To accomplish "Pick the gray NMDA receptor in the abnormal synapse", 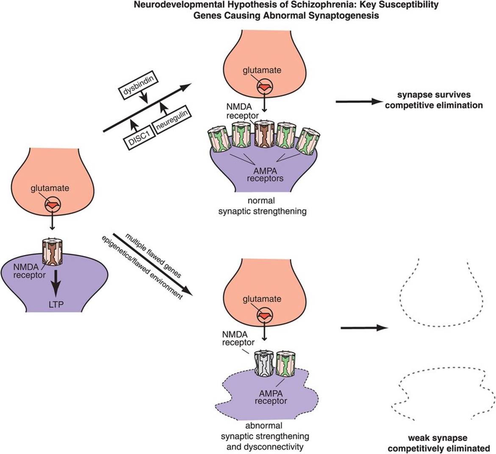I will click(x=264, y=364).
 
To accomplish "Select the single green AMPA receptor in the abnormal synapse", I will click(x=285, y=363).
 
